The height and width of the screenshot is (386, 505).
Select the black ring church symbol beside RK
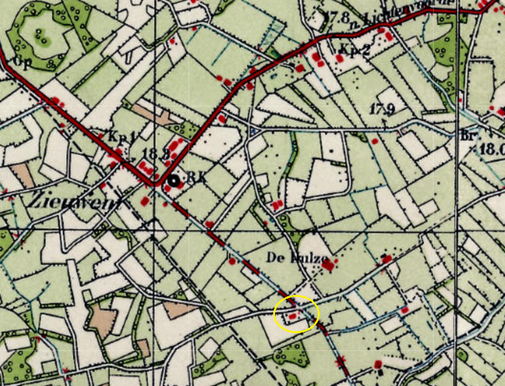(172, 182)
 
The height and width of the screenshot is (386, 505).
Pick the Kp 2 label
(355, 50)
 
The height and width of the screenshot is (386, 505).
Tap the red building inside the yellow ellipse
(292, 315)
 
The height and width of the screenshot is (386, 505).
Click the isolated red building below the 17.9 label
(375, 141)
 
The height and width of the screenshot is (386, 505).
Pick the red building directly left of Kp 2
(339, 58)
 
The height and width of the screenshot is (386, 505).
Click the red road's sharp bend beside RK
(154, 186)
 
